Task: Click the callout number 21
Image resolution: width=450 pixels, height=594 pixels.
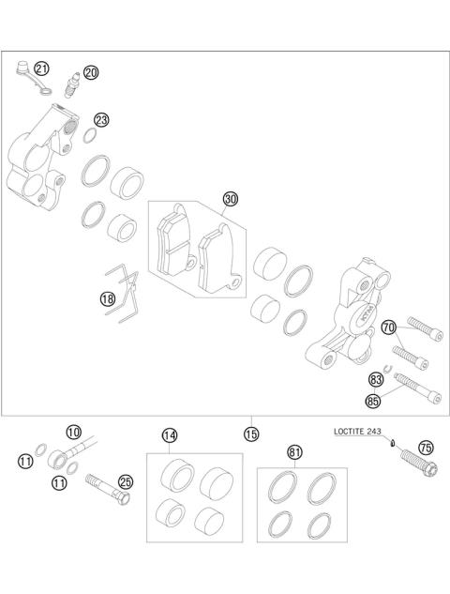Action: click(41, 69)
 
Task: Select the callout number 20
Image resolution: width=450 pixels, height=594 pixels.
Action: click(90, 72)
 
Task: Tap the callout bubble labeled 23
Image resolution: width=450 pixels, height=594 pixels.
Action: click(101, 120)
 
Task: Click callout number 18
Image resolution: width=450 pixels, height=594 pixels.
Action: click(108, 299)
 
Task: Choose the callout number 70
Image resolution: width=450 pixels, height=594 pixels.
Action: click(389, 327)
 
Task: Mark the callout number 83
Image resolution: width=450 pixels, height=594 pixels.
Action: click(377, 379)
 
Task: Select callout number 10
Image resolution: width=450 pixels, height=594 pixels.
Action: click(73, 432)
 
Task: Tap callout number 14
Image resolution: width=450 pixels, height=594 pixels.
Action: click(169, 435)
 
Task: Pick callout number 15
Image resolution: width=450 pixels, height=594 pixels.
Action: click(250, 434)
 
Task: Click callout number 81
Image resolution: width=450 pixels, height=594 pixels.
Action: click(295, 452)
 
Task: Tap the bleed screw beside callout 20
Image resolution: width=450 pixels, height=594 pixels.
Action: click(73, 86)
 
